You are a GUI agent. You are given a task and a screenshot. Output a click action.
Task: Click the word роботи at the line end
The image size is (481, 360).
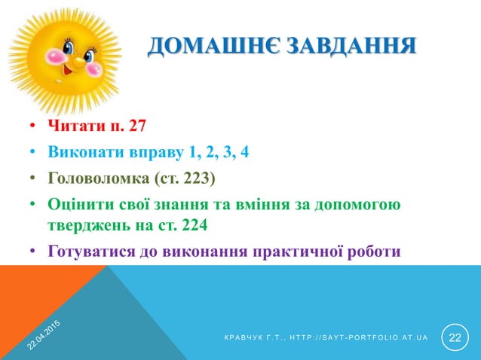[x=374, y=252]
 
